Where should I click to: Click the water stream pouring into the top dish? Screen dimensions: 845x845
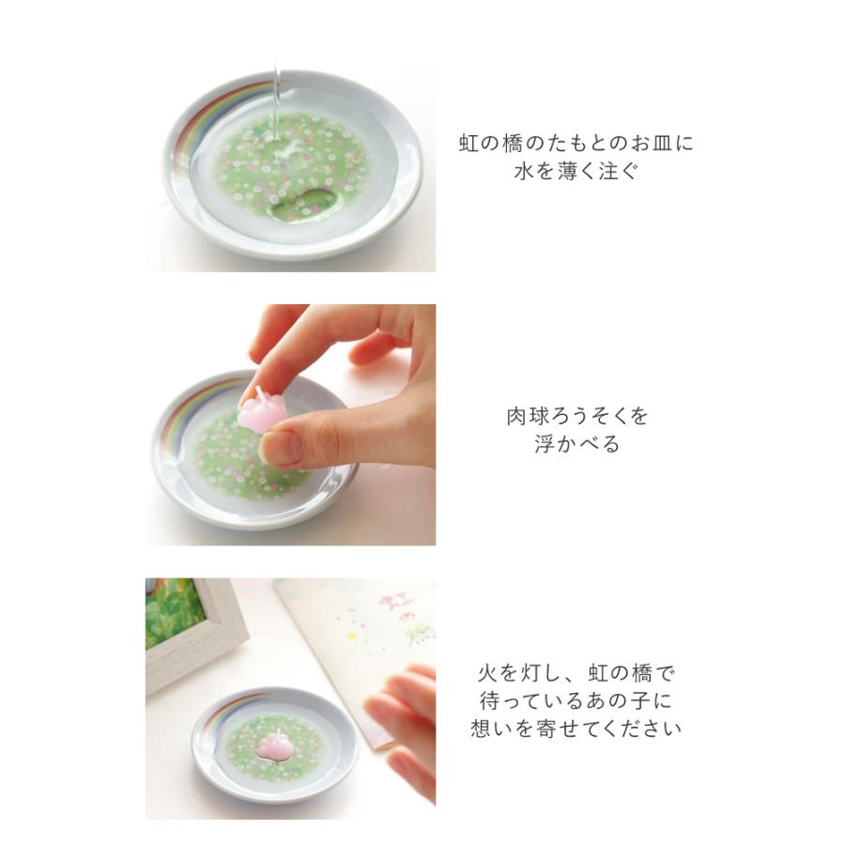point(279,103)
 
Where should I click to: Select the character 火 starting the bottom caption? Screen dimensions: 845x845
point(486,673)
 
